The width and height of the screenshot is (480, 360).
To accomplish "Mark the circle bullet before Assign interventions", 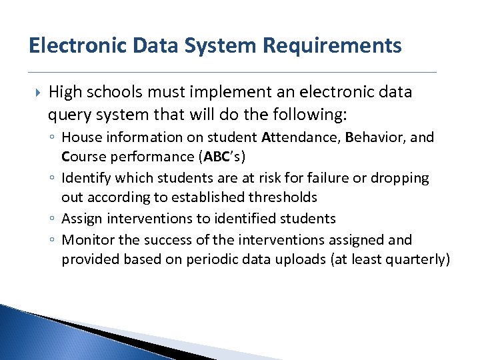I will (x=53, y=219).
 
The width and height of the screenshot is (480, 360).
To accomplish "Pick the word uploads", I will (x=301, y=259).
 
